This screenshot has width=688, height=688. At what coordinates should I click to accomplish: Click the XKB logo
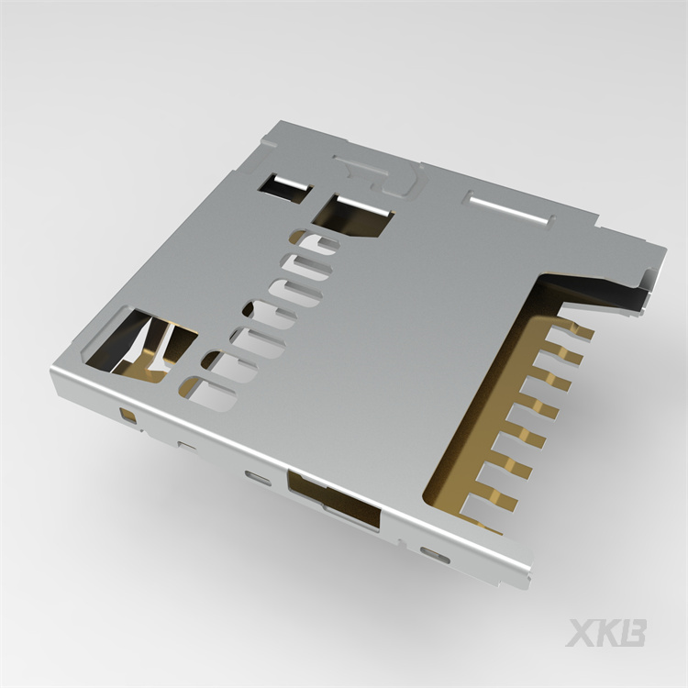tap(606, 633)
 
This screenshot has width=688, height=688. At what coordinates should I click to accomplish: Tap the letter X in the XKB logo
tap(582, 633)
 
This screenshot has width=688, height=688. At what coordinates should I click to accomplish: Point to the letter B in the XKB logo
tap(634, 633)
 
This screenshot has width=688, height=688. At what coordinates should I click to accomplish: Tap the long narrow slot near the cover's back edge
tap(510, 207)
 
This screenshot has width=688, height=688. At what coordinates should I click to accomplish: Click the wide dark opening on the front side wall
tap(335, 500)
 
